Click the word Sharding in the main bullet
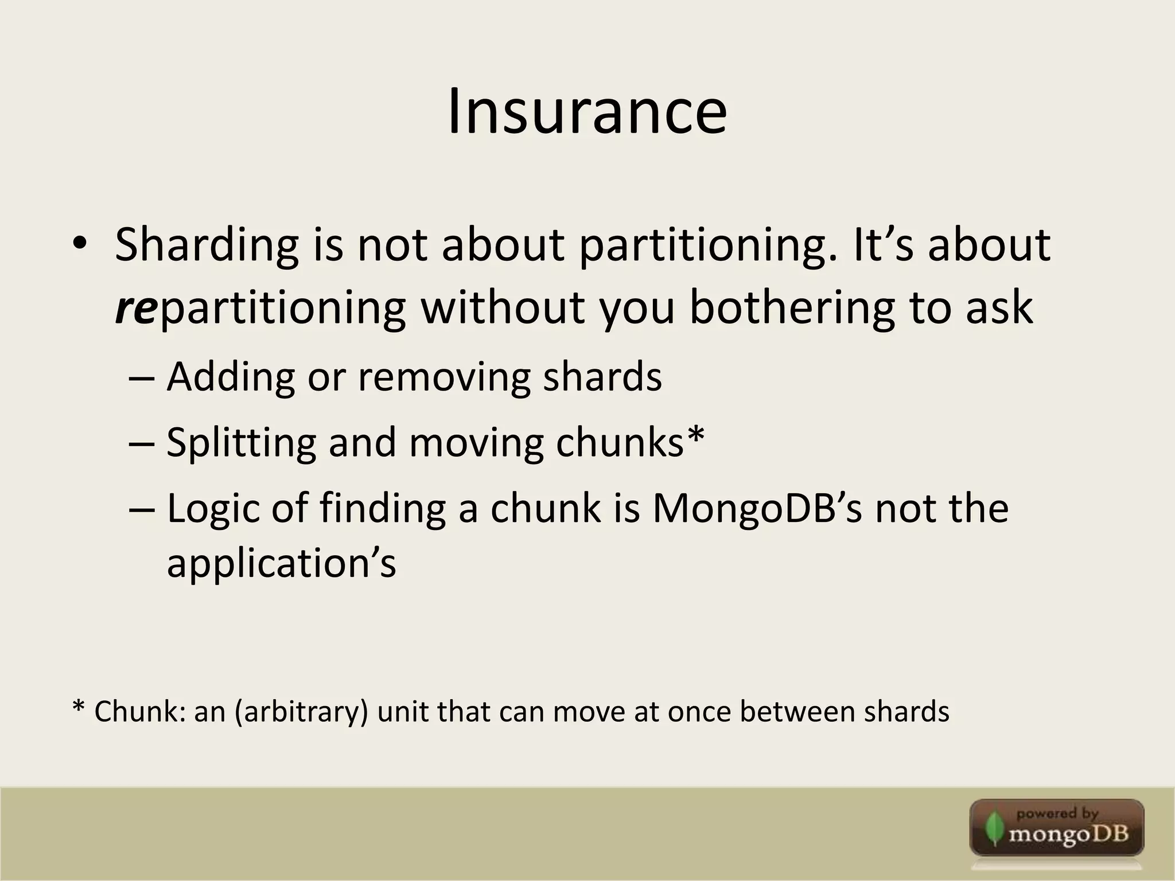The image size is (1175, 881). (207, 245)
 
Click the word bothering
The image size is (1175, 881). (791, 307)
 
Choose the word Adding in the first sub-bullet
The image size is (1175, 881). (230, 377)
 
